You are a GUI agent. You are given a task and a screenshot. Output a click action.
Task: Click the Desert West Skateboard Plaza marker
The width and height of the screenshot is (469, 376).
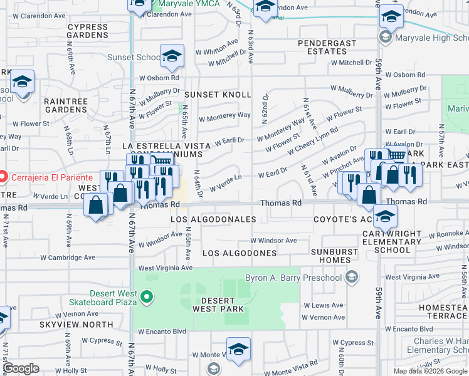click(147, 296)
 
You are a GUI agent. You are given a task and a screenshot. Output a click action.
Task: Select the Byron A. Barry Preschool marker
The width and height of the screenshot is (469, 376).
click(352, 277)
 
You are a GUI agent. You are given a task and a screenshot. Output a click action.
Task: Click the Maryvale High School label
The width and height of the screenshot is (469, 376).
click(431, 38)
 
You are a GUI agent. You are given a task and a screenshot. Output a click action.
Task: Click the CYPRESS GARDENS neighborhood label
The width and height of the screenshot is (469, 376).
click(88, 31)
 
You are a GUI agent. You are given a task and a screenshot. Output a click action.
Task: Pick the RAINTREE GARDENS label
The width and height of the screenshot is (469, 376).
click(75, 105)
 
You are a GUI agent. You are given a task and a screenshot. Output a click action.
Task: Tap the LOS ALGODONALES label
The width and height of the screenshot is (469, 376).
click(213, 219)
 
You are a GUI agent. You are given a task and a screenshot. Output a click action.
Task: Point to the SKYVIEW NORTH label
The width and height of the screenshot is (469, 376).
click(76, 325)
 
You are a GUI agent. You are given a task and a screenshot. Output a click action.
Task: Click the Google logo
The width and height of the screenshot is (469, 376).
click(21, 368)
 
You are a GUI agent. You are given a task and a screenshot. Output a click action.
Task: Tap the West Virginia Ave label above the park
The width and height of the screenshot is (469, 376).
click(165, 268)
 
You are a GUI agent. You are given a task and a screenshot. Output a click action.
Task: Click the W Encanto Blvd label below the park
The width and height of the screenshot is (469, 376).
click(162, 332)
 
